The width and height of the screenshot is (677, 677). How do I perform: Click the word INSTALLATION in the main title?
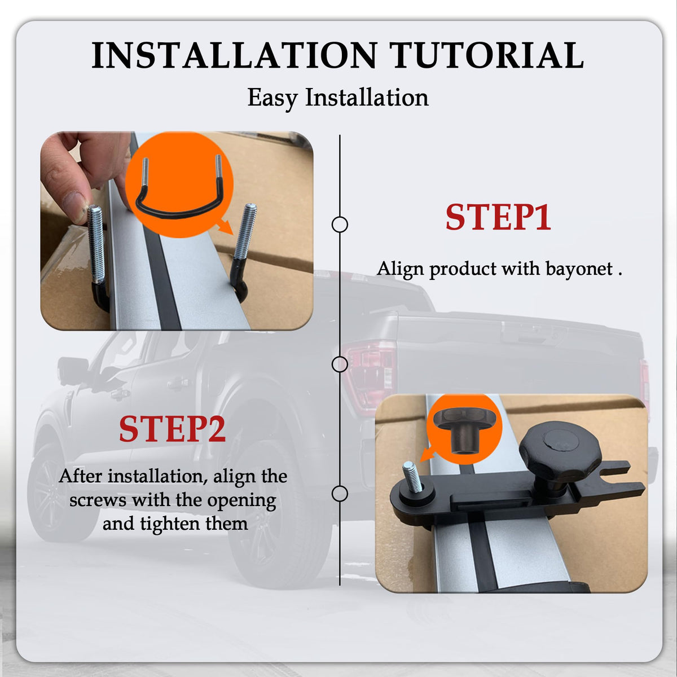(234, 55)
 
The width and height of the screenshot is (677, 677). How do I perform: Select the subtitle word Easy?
(272, 98)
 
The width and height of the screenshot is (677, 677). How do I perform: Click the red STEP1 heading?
(498, 217)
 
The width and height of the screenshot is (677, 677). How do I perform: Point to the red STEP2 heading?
(172, 429)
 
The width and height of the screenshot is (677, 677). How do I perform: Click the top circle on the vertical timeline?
(340, 224)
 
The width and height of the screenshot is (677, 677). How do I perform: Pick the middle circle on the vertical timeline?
(340, 364)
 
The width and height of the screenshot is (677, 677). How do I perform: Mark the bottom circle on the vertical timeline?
(340, 494)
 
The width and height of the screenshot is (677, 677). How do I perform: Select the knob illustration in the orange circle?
(464, 430)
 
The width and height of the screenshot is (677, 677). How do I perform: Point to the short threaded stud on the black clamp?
(412, 477)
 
